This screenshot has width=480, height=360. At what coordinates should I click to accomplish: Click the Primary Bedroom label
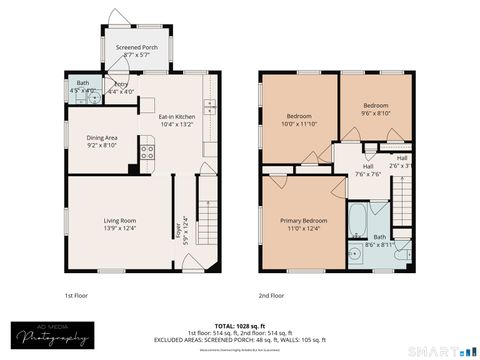click(x=302, y=224)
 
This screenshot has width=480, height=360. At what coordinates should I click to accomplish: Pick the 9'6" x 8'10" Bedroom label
click(x=375, y=109)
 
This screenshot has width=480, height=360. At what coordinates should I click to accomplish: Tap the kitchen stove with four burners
click(x=147, y=153)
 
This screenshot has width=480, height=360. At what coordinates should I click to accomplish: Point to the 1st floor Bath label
click(x=82, y=87)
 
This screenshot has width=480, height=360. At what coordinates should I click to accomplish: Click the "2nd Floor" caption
click(x=271, y=296)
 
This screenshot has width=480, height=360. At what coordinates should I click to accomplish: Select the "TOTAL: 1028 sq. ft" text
click(x=240, y=325)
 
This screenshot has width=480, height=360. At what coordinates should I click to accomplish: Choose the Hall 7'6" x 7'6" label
click(x=355, y=169)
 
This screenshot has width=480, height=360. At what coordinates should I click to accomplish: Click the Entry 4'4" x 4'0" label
click(x=121, y=88)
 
